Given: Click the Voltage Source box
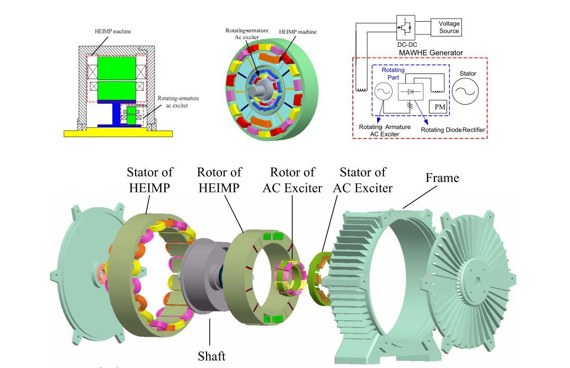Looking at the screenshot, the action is (446, 27).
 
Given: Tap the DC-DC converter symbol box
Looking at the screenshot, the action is (406, 27).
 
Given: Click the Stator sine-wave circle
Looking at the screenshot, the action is (465, 91).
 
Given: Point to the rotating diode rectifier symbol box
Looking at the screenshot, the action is (411, 92).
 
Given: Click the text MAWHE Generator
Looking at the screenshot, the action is (431, 53).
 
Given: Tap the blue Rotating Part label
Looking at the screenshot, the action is (393, 73).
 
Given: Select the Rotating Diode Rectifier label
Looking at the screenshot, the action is (453, 130).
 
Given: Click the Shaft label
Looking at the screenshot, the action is (211, 356).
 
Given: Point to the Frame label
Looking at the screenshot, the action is (442, 178).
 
